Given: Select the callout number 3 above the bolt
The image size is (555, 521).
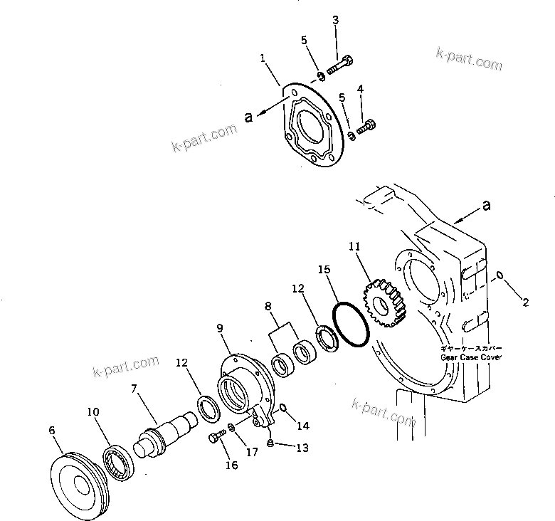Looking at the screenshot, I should point(335,19).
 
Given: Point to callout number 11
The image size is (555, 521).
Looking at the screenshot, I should point(354,246).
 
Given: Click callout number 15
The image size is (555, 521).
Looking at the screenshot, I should point(324,270).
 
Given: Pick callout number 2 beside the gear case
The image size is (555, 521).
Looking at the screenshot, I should point(526,303).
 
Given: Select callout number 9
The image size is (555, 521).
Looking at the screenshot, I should point(220,329).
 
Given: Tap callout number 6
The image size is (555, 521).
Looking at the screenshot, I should point(51,430).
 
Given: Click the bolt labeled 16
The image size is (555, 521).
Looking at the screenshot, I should point(214,438).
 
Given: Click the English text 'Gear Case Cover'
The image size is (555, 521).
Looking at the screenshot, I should point(471,357).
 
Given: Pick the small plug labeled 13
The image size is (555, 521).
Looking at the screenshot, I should point(270,443).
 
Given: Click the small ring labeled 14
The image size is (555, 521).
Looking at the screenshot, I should point(282,408).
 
